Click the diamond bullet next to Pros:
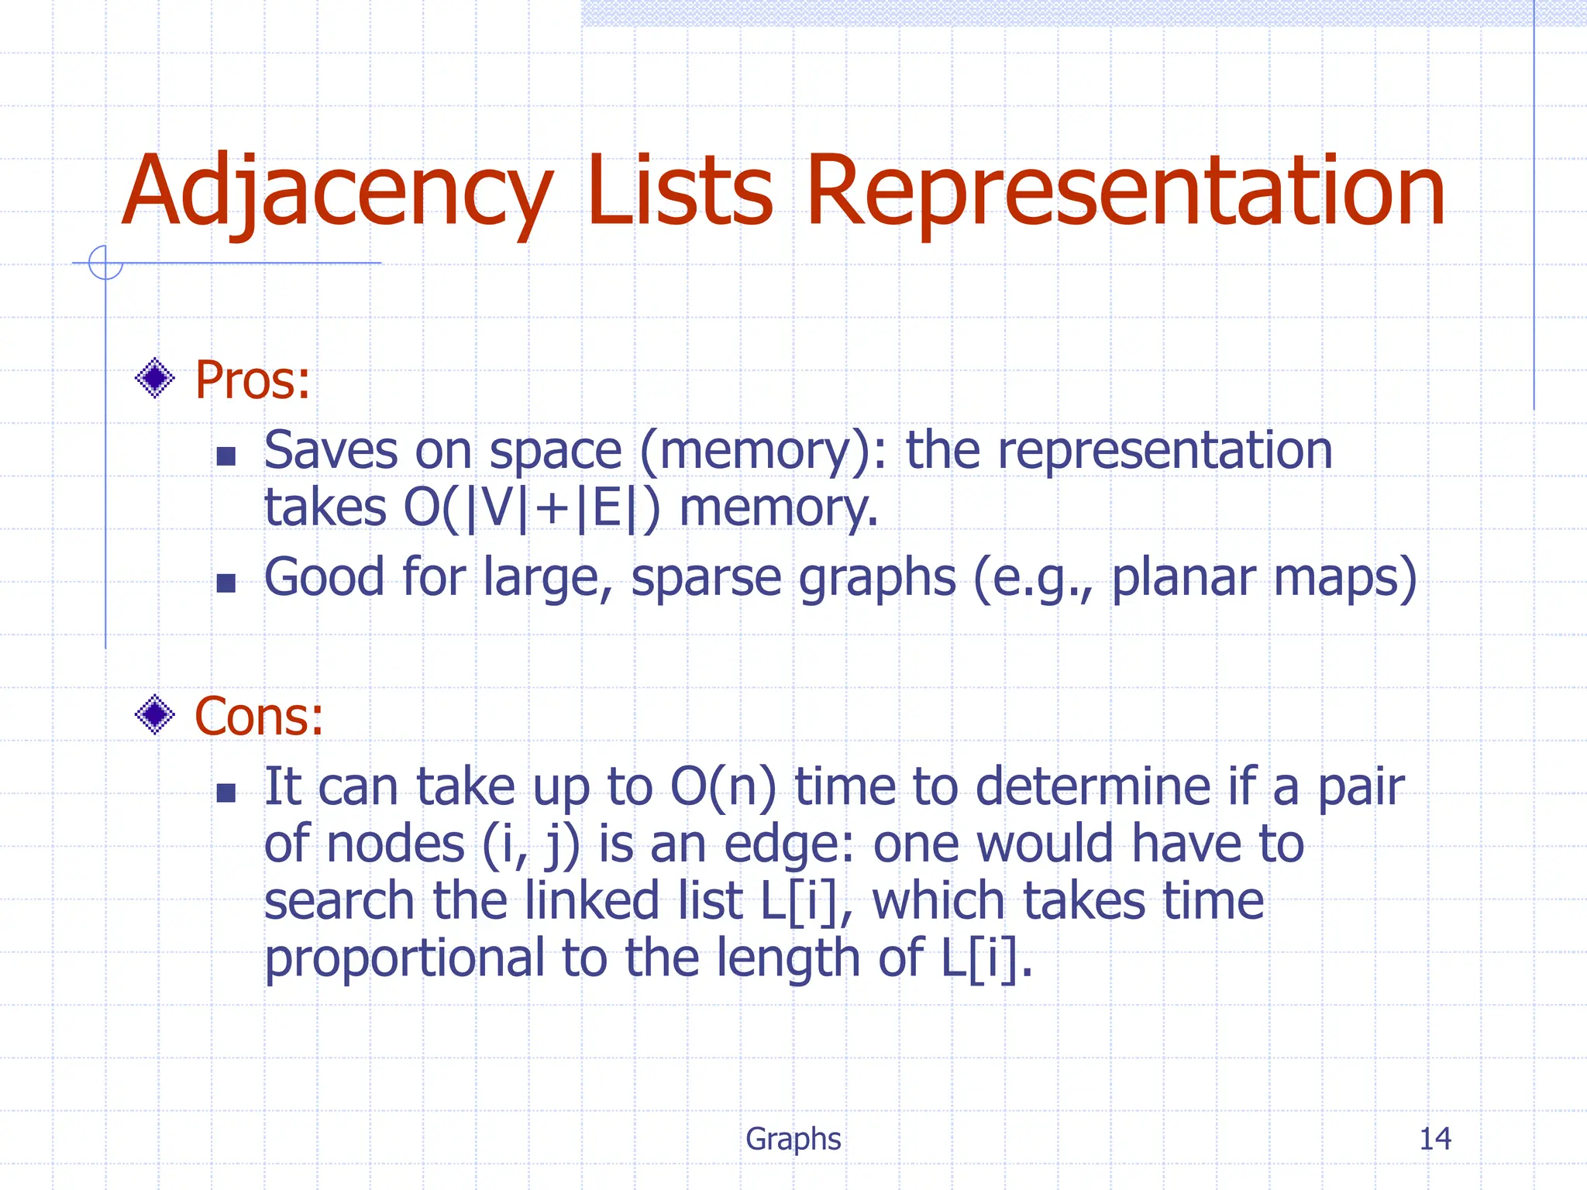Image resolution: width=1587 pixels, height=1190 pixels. pyautogui.click(x=155, y=379)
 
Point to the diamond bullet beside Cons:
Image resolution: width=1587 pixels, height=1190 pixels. pyautogui.click(x=155, y=714)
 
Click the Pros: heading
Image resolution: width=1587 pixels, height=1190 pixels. pyautogui.click(x=252, y=380)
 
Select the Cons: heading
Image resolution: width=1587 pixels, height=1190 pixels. pyautogui.click(x=258, y=716)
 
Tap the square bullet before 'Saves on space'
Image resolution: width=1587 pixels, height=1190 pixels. pyautogui.click(x=225, y=456)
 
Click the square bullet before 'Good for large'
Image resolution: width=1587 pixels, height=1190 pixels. pyautogui.click(x=225, y=583)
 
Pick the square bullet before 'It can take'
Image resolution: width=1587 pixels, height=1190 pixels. pyautogui.click(x=225, y=792)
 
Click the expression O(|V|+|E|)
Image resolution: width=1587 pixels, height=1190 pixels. pyautogui.click(x=532, y=508)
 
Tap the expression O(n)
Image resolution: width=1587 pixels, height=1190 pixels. pyautogui.click(x=722, y=787)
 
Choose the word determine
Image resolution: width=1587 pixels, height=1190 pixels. pyautogui.click(x=1093, y=787)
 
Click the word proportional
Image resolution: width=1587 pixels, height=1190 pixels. pyautogui.click(x=404, y=959)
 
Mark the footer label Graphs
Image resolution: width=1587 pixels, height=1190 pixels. pyautogui.click(x=793, y=1139)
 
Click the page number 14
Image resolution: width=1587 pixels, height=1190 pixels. pyautogui.click(x=1434, y=1139)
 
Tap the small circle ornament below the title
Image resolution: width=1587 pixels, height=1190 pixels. pyautogui.click(x=105, y=263)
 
